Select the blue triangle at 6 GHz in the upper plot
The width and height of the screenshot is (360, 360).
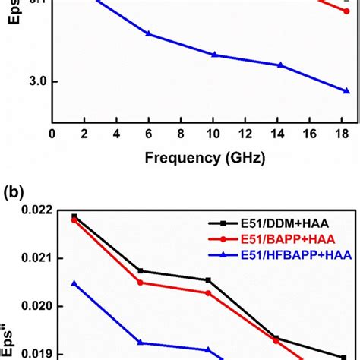(148, 34)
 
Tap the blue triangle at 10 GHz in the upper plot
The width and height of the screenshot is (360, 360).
(214, 55)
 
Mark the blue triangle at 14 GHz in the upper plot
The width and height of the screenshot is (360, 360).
(280, 65)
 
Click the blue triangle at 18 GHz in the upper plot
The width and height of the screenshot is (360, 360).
(346, 90)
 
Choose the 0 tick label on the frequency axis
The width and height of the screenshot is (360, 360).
(52, 134)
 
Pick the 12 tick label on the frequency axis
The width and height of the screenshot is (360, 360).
(247, 134)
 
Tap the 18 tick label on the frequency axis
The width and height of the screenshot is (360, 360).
(345, 134)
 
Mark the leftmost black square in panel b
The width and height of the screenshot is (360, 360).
(74, 216)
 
